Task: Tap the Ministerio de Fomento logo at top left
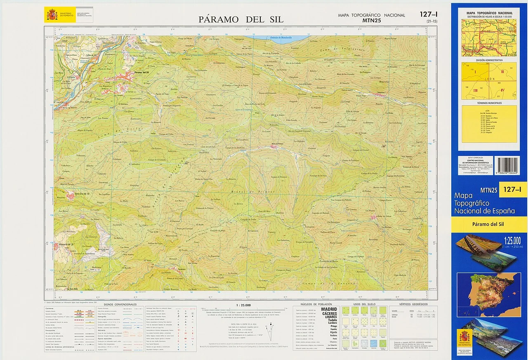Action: pos(52,15)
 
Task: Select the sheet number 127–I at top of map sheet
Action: pos(429,14)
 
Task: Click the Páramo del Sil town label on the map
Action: pos(144,73)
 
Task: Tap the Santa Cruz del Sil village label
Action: pos(82,193)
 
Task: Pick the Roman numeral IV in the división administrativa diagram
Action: pos(502,90)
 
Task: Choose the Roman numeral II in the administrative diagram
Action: pos(502,72)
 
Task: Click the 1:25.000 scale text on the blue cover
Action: pos(512,240)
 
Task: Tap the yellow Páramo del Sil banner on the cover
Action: pos(489,224)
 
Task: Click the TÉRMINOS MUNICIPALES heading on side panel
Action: pos(489,103)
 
